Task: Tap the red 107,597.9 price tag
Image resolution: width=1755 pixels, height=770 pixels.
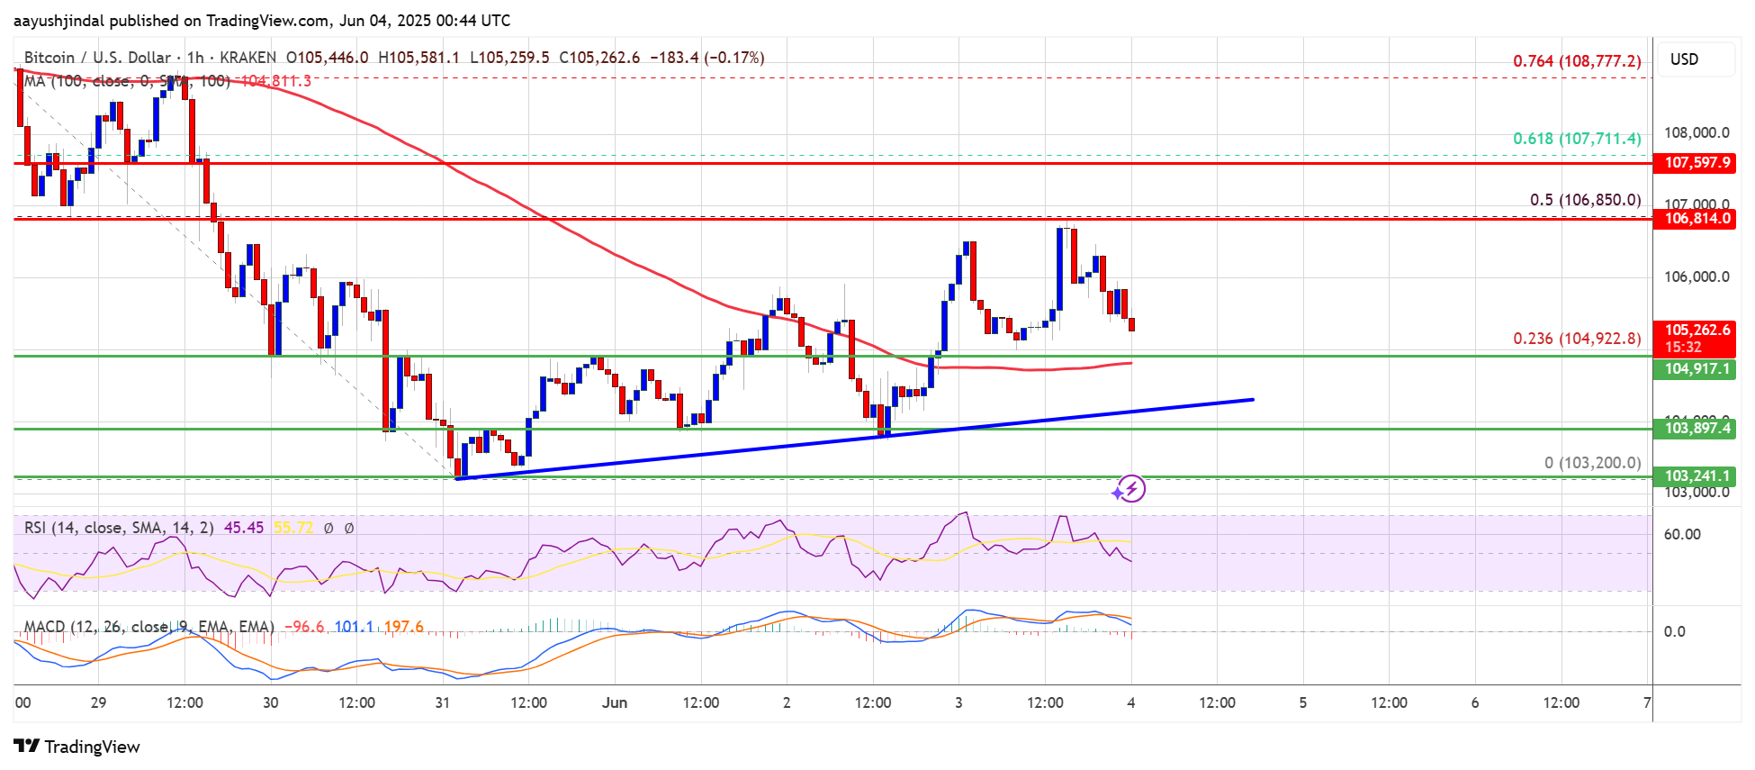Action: coord(1696,163)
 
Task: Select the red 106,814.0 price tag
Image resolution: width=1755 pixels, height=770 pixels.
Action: coord(1696,219)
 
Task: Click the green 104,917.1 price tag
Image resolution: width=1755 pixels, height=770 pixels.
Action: coord(1696,369)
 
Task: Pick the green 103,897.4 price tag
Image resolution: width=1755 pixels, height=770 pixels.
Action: coord(1696,429)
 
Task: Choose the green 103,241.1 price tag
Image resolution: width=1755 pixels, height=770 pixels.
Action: coord(1696,476)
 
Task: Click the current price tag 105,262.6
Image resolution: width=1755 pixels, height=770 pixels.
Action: coord(1696,331)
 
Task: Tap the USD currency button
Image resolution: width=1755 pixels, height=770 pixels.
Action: coord(1684,59)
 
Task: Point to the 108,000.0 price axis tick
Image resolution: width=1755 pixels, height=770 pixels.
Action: coord(1696,133)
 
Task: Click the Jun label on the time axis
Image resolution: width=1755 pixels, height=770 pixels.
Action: coord(615,702)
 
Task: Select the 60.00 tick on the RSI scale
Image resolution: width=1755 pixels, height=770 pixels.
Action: coord(1681,535)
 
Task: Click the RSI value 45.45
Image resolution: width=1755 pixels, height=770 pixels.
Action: coord(243,528)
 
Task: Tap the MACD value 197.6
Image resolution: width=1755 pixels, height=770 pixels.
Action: coord(403,627)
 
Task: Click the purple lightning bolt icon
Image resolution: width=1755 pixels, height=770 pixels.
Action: coord(1130,489)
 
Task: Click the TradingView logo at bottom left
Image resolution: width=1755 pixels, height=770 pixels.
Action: coord(77,747)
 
